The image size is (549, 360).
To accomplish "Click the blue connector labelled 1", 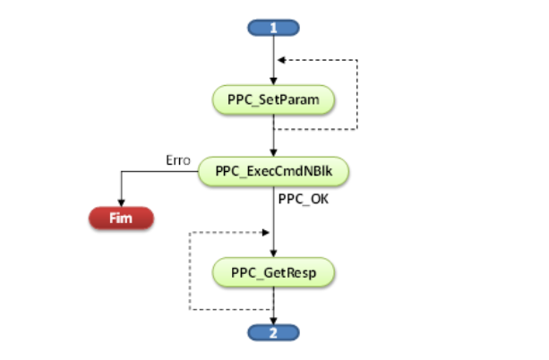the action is (x=273, y=28).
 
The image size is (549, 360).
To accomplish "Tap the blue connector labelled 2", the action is (x=273, y=332).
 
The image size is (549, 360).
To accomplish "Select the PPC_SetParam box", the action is (x=273, y=99).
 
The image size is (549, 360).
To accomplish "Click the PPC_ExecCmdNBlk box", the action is (x=273, y=171).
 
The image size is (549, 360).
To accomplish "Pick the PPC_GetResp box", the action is (x=273, y=272).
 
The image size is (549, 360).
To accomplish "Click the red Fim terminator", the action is (x=121, y=218).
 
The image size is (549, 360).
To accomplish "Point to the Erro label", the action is (x=178, y=160).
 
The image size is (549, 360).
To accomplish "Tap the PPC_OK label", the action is (x=304, y=200).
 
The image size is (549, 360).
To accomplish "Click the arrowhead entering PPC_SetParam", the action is (x=273, y=81).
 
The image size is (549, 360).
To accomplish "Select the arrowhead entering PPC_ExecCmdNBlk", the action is (x=273, y=153).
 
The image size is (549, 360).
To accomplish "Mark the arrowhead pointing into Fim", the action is (x=121, y=203).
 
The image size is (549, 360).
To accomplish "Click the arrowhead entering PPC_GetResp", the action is (x=273, y=254).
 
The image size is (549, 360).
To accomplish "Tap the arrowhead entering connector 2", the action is (x=273, y=321).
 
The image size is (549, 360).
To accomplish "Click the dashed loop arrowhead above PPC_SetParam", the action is (x=281, y=60).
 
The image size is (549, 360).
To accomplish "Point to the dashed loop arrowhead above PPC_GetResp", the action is (x=266, y=232).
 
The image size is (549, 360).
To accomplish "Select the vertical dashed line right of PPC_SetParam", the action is (x=357, y=95).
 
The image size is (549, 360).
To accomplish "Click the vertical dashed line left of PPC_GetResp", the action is (x=190, y=270).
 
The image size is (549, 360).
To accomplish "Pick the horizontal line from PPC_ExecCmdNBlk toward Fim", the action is (x=159, y=171).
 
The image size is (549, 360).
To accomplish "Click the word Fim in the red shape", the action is (x=121, y=218).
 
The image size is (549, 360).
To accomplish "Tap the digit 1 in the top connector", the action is (x=273, y=28).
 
